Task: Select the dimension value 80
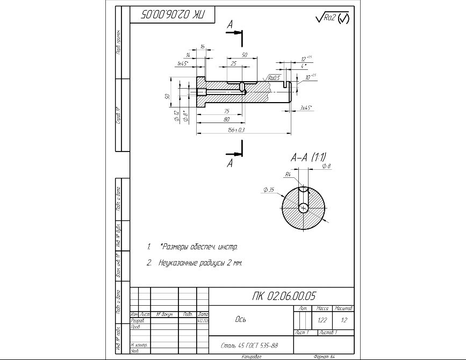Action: coord(227,119)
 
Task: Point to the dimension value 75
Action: coord(226,111)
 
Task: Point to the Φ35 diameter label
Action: coord(269,190)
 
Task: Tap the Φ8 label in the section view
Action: coord(326,167)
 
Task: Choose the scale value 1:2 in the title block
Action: coord(343,320)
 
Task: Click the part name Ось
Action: coord(241,319)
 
